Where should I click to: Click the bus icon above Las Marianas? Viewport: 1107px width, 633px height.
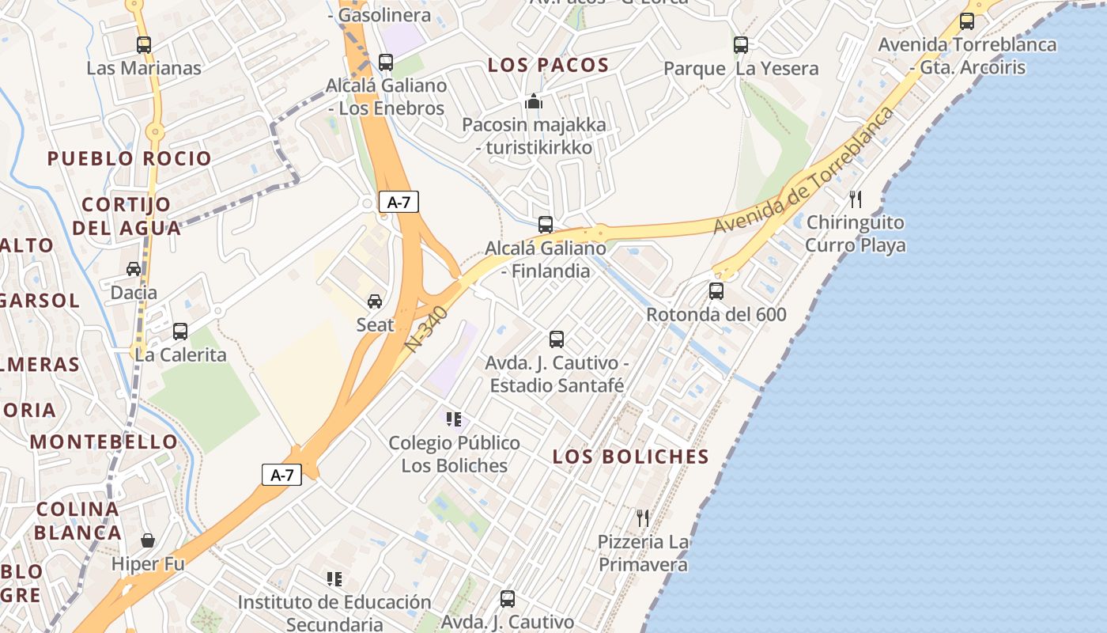[143, 45]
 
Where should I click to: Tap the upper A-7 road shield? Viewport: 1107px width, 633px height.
[399, 202]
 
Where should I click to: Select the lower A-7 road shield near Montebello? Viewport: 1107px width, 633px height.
[282, 475]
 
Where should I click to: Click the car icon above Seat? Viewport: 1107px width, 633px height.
[375, 301]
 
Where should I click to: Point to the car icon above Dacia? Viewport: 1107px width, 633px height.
[134, 269]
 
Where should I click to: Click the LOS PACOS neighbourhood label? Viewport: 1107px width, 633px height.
[548, 66]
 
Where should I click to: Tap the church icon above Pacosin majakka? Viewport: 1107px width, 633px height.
[534, 102]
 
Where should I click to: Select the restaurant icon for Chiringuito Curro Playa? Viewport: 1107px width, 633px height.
[855, 199]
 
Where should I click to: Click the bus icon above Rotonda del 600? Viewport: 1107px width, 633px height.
[716, 291]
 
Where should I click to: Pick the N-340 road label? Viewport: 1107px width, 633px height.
[427, 329]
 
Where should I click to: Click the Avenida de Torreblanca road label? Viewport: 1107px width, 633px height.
[803, 171]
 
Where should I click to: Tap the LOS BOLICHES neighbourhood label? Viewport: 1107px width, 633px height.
[630, 457]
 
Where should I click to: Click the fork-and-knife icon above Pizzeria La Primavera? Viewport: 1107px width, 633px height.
[643, 518]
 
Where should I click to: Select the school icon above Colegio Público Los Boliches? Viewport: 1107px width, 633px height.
[453, 419]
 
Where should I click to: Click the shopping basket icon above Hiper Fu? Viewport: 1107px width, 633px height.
[148, 540]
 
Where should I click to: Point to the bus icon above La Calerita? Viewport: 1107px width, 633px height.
[180, 332]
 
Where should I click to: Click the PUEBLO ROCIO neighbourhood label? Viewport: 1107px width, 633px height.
[130, 158]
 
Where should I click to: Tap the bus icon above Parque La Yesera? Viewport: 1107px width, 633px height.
[740, 45]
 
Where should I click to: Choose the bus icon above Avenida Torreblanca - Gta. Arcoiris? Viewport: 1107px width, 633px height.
[966, 21]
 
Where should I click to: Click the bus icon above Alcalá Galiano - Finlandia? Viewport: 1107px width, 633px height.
[545, 225]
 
